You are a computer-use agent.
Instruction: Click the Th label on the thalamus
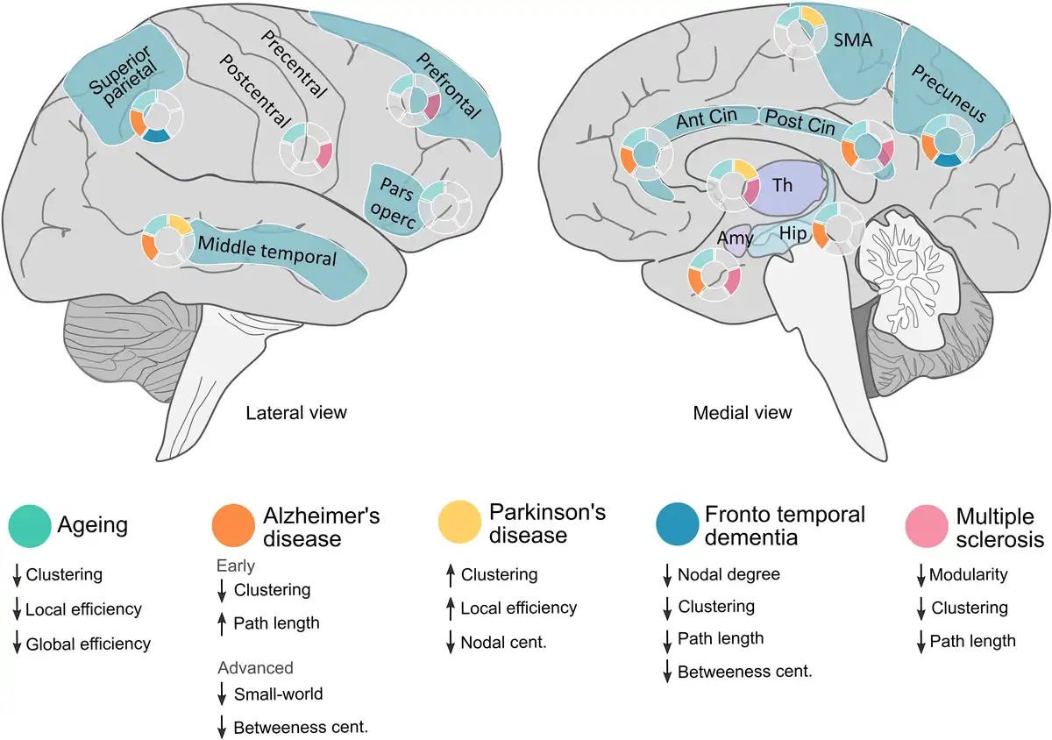[x=782, y=184]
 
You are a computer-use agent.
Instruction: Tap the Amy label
[x=735, y=238]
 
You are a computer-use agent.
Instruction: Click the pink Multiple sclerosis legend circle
[x=926, y=525]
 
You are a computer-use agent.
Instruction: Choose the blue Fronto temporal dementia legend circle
[x=677, y=523]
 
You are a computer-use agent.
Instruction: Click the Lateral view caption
[x=296, y=412]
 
